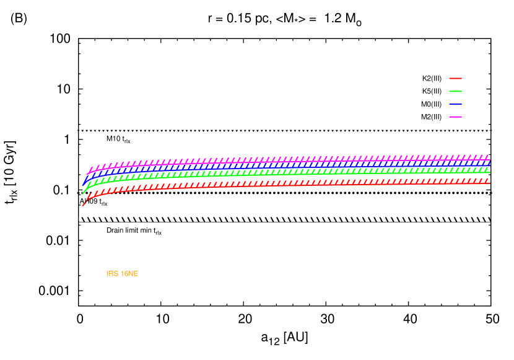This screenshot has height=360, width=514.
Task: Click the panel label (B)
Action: pos(19,19)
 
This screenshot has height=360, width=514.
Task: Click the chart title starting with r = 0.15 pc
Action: pos(284,19)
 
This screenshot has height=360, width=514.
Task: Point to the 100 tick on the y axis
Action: pos(60,38)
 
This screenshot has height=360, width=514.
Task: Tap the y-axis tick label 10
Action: pos(64,89)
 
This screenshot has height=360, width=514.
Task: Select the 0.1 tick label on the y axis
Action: pos(62,190)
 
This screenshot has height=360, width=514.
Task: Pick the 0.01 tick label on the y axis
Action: pos(58,240)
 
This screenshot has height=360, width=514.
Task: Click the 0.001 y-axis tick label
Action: pos(54,291)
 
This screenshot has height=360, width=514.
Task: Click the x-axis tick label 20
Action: pos(245,318)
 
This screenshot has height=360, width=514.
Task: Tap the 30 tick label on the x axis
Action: pos(327,318)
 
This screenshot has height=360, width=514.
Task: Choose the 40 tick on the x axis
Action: pos(409,318)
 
